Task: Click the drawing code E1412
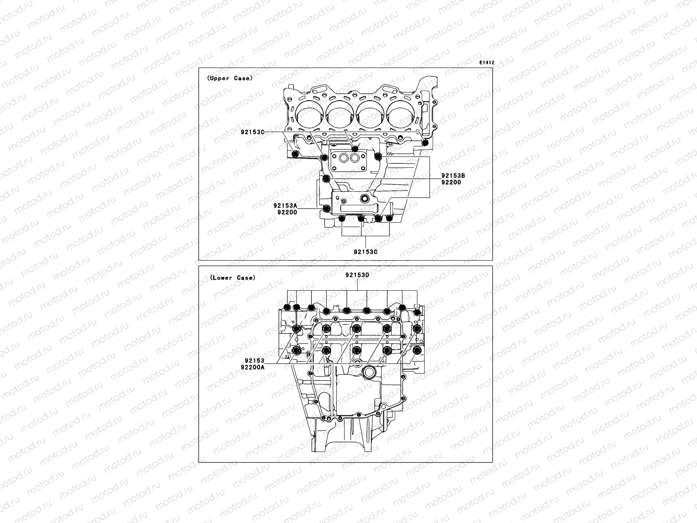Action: pos(487,63)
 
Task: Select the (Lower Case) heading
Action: pos(232,278)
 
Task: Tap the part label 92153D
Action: pos(358,275)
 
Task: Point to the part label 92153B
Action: pos(453,176)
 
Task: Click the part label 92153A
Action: pos(285,206)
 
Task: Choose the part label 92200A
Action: pos(252,367)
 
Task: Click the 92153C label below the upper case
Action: pos(365,251)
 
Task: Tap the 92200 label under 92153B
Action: pos(451,182)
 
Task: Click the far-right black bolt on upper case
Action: pos(426,143)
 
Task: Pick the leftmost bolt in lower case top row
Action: pos(287,308)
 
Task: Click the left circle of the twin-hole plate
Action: pos(344,159)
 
